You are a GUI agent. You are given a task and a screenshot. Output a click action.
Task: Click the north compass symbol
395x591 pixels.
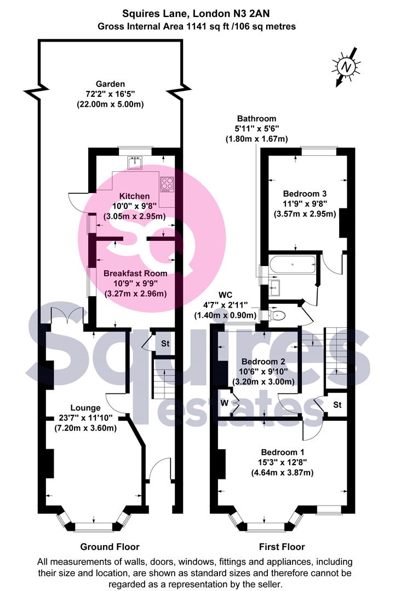point(346,67)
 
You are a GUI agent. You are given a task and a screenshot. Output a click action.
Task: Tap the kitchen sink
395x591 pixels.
point(135,163)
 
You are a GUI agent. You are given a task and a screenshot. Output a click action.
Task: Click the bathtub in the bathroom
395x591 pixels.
point(293,265)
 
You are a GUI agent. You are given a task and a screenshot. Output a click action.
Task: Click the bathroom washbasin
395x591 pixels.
point(274,289)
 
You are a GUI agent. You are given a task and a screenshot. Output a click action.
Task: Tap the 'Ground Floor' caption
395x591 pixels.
point(110,547)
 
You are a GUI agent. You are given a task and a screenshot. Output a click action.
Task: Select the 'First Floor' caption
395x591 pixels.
point(282,547)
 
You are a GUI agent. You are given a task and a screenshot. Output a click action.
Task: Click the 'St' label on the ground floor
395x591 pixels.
point(165,343)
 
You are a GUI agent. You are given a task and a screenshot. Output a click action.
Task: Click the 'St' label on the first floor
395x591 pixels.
point(337,404)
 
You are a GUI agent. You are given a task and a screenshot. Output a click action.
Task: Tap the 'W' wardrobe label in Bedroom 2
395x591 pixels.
point(225,403)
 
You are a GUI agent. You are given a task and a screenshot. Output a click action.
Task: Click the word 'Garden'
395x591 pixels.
point(110,84)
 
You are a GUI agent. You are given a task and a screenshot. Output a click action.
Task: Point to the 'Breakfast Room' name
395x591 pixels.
point(135,273)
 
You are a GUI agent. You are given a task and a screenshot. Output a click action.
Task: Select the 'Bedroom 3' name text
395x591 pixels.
point(305,194)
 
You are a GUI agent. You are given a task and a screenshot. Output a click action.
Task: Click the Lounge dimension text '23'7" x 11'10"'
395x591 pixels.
point(85,418)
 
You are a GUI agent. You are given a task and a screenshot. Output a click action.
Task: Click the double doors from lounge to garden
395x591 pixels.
point(67,316)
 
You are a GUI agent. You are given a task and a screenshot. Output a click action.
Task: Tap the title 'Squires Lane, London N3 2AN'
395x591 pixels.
point(196,14)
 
